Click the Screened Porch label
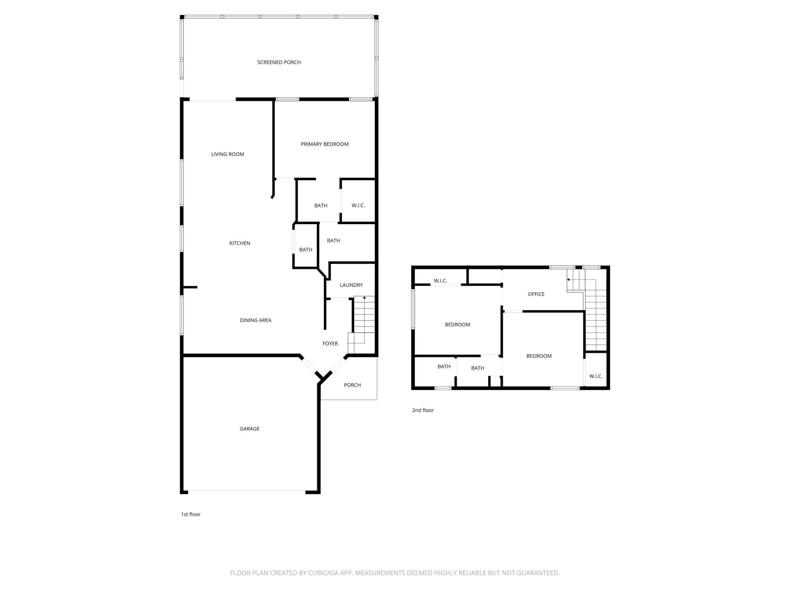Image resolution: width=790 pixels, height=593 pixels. [x=279, y=62]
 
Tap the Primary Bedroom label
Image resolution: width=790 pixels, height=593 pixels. [x=324, y=144]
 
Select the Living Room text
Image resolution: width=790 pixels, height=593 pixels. [x=227, y=154]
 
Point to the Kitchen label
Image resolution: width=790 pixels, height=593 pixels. [x=240, y=243]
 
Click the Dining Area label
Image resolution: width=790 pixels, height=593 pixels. [x=255, y=320]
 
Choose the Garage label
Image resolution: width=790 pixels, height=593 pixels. [x=249, y=429]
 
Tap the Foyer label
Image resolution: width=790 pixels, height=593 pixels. [x=330, y=343]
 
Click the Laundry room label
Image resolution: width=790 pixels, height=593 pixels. [x=351, y=285]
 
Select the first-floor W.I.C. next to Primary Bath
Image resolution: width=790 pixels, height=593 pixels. [x=358, y=206]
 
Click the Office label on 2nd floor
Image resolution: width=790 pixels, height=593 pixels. [x=536, y=294]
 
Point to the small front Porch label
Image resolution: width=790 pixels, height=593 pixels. [x=352, y=385]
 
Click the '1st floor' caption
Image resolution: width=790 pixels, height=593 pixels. [x=190, y=514]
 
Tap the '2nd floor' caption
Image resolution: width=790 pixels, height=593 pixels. [x=422, y=410]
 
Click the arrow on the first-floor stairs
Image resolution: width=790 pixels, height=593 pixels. [x=364, y=297]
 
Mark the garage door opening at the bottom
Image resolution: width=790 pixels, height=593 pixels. [x=246, y=491]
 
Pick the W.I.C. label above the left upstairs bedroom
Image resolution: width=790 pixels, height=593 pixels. [x=440, y=281]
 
